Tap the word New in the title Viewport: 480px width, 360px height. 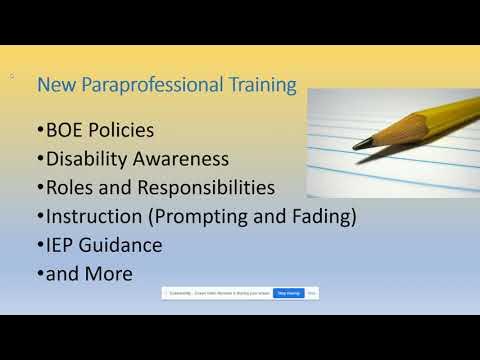[x=52, y=87]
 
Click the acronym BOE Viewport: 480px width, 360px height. [x=65, y=131]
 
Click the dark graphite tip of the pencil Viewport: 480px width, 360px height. [x=357, y=145]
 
